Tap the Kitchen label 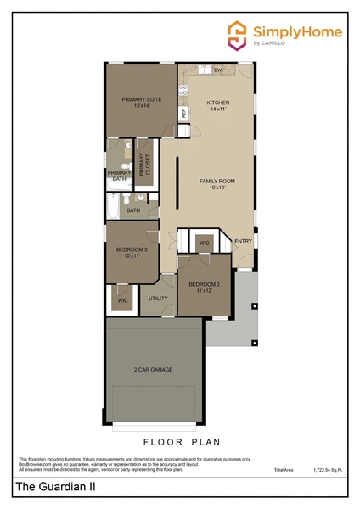pos(218,105)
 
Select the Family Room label pos(217,185)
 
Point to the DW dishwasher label pos(218,70)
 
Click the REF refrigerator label pos(183,113)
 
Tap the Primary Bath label pos(118,176)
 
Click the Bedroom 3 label pos(132,252)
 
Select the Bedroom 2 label pos(204,287)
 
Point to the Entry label pos(243,241)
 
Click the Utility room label pos(158,299)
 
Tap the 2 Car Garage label pos(153,371)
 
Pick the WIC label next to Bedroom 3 pos(122,300)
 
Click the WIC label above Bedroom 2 pos(204,243)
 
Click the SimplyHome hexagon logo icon pos(239,34)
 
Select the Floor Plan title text pos(181,441)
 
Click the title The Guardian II pos(53,486)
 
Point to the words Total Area pos(284,469)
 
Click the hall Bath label pos(133,210)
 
